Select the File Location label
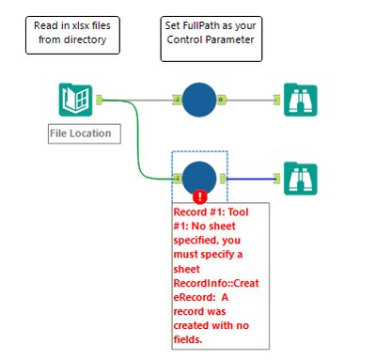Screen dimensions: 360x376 (x=80, y=133)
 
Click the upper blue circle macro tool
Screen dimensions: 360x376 (x=198, y=99)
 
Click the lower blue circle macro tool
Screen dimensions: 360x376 (x=198, y=176)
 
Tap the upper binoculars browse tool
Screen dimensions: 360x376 (x=300, y=100)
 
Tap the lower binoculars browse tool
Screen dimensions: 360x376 (x=300, y=177)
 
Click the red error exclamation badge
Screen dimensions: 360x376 (x=199, y=196)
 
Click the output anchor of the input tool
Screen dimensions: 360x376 (x=99, y=99)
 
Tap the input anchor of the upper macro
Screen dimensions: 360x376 (x=176, y=99)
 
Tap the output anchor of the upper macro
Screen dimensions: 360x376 (x=222, y=99)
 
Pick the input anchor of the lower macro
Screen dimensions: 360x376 (x=176, y=176)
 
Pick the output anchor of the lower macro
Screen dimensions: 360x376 (x=222, y=176)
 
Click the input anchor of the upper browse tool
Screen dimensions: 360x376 (x=276, y=99)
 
